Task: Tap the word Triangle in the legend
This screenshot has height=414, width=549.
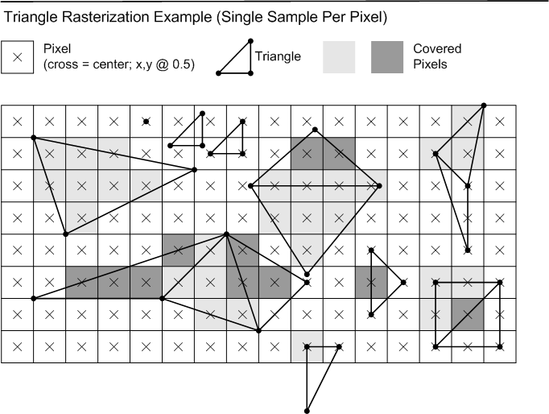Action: point(278,56)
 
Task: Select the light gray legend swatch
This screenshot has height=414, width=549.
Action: point(339,57)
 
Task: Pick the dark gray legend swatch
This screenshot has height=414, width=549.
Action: point(387,57)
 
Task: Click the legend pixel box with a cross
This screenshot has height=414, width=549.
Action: point(17,57)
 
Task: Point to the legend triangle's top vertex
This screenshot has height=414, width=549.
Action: point(250,41)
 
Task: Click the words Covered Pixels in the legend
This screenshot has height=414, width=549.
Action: point(437,56)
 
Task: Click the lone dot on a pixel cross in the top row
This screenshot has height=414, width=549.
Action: point(147,122)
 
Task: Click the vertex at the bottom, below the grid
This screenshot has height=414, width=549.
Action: point(307,411)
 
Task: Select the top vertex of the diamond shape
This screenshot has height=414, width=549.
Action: point(315,130)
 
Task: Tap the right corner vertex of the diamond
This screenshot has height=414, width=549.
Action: point(379,185)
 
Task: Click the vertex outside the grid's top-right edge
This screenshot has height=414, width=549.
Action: point(484,105)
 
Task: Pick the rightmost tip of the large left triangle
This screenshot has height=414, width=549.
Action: point(194,170)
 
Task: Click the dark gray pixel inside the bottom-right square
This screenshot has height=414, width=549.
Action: point(468,315)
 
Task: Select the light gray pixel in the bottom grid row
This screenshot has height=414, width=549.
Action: point(307,347)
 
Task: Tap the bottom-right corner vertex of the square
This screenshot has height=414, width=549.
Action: point(500,347)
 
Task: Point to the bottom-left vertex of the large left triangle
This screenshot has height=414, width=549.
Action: point(65,234)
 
